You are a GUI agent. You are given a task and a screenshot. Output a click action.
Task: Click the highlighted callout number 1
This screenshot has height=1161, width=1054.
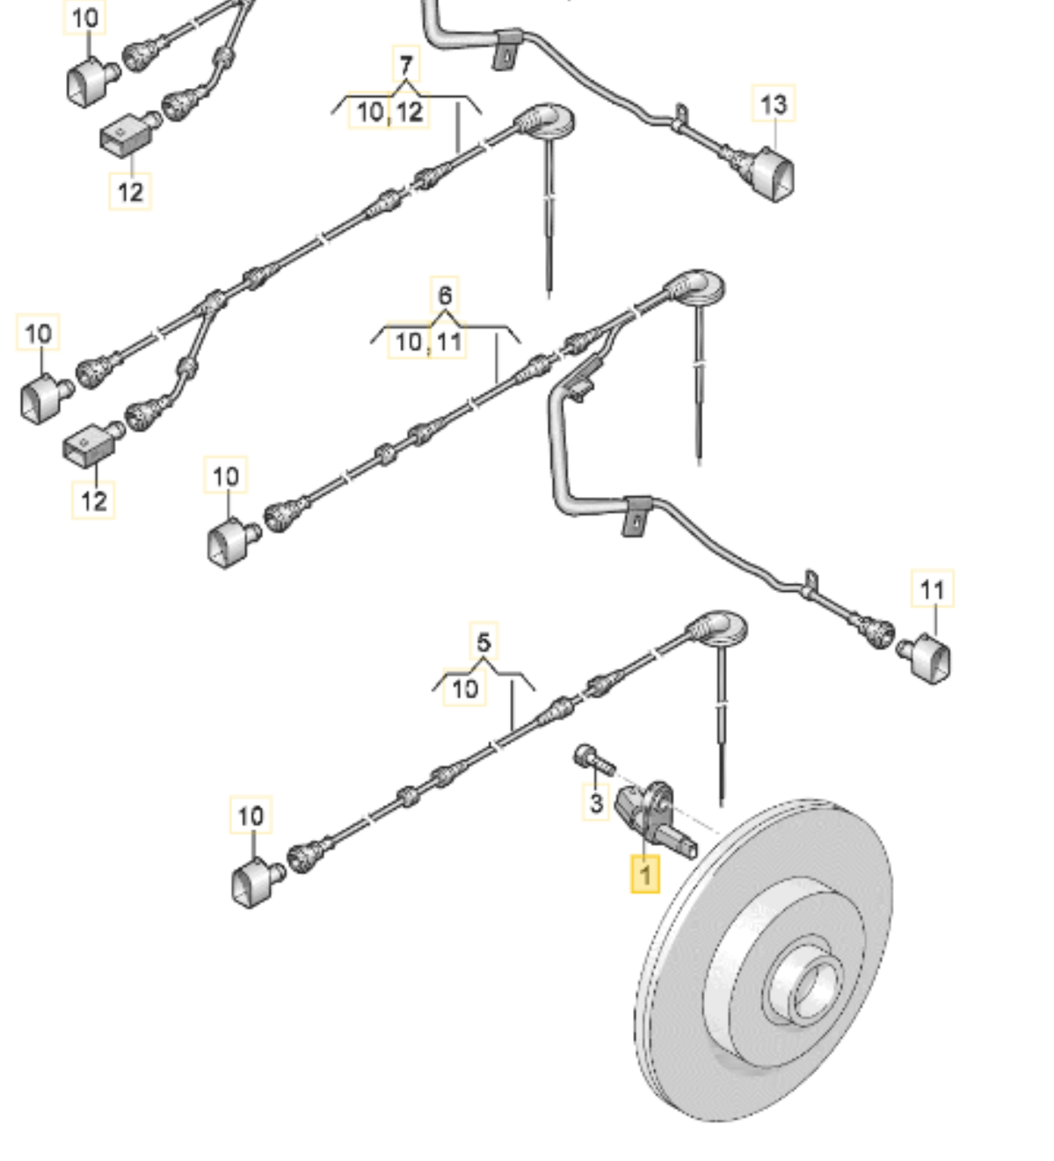coord(645,875)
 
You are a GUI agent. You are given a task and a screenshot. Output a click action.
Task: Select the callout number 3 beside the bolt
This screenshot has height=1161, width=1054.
coord(596,802)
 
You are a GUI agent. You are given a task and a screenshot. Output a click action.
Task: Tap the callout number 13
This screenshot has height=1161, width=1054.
coord(773,105)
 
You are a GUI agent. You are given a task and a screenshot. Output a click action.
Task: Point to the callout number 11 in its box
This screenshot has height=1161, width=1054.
coord(932,589)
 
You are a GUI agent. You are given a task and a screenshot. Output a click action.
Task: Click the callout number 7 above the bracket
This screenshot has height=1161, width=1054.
coord(405,66)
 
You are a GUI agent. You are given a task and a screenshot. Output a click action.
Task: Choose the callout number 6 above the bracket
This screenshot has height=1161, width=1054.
coord(446,295)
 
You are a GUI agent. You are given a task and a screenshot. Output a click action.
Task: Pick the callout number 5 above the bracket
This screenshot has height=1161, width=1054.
coord(483,642)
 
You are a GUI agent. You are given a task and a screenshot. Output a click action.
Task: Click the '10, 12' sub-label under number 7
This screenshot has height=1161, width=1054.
coord(389,112)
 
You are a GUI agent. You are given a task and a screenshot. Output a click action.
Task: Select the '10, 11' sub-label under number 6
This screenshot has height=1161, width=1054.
coord(428,341)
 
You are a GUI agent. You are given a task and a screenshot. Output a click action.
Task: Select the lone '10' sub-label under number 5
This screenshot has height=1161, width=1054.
coord(465,688)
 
